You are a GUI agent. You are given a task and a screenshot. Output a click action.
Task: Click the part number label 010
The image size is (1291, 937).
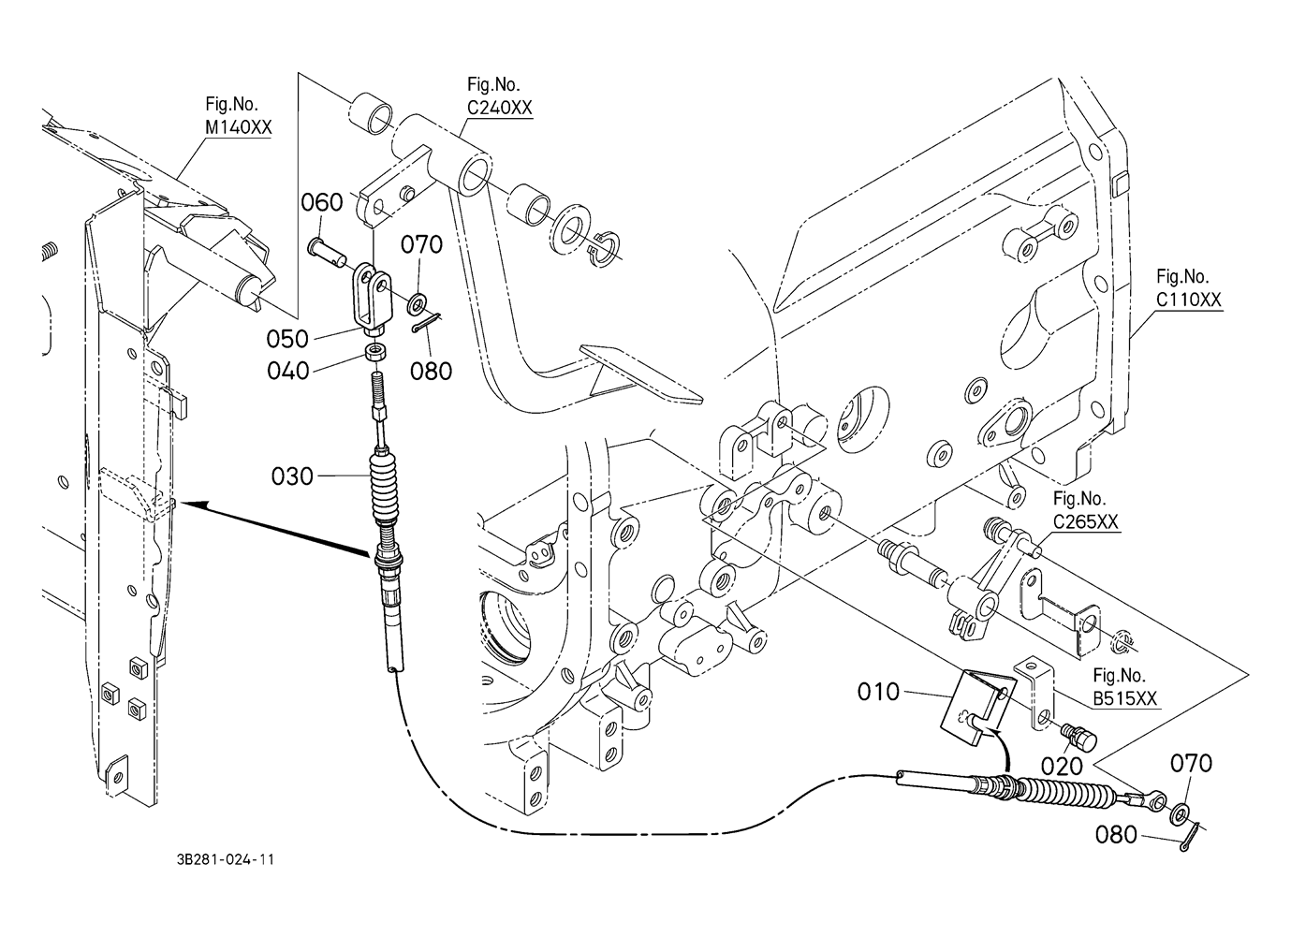(x=878, y=693)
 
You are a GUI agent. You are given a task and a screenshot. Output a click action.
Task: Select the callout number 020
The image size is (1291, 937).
(x=1062, y=766)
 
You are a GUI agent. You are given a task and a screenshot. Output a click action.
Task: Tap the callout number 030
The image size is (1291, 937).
(x=292, y=476)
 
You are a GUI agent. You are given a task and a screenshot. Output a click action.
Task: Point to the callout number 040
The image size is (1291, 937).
(x=287, y=372)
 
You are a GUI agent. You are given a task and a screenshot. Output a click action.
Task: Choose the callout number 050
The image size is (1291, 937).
(x=287, y=338)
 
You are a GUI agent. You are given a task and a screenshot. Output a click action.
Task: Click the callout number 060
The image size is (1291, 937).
(x=322, y=202)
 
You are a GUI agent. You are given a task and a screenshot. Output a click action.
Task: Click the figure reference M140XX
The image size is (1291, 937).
(x=232, y=126)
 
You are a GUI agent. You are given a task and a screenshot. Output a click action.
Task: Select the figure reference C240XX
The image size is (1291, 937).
(x=500, y=108)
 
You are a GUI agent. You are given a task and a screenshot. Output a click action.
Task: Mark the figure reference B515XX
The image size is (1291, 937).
(x=1125, y=698)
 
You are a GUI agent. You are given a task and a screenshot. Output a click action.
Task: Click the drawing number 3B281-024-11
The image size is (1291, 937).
(x=224, y=860)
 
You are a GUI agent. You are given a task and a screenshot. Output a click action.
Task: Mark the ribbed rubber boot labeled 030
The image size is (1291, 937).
(x=386, y=491)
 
